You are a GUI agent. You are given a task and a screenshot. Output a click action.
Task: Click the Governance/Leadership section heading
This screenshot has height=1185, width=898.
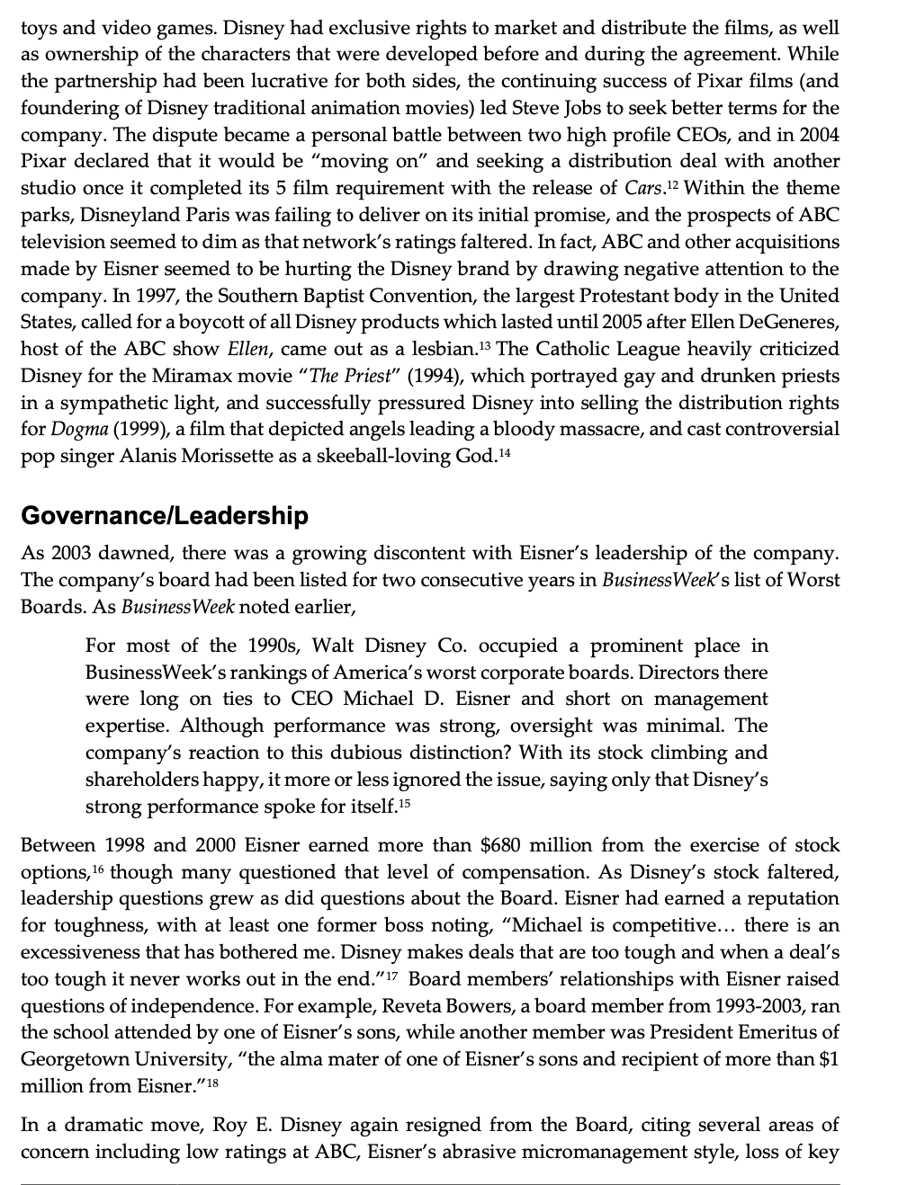click(164, 516)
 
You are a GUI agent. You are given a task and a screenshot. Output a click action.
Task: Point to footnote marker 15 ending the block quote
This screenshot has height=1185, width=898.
click(403, 802)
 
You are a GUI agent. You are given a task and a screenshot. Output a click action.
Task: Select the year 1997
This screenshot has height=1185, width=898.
click(143, 296)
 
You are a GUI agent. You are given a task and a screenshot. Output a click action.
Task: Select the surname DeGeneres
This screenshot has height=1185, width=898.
click(786, 323)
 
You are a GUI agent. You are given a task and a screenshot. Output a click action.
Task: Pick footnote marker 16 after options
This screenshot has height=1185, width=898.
click(94, 867)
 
